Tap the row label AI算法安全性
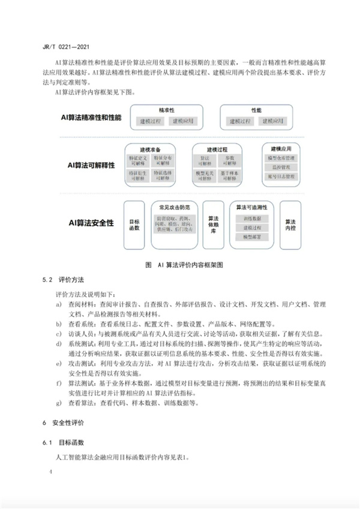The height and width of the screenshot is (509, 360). (91, 223)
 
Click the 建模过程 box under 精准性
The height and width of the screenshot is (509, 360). (151, 121)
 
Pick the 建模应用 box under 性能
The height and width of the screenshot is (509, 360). (273, 121)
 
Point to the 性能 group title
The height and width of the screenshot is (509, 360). (256, 110)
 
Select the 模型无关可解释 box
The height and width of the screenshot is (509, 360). (203, 175)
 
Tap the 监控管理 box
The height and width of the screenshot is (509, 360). (281, 167)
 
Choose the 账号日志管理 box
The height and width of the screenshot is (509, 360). (281, 177)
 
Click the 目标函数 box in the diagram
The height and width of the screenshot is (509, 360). (134, 224)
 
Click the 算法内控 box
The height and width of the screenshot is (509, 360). (290, 224)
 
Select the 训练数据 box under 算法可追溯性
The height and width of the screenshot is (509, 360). (252, 218)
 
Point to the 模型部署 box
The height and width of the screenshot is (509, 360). (252, 238)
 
